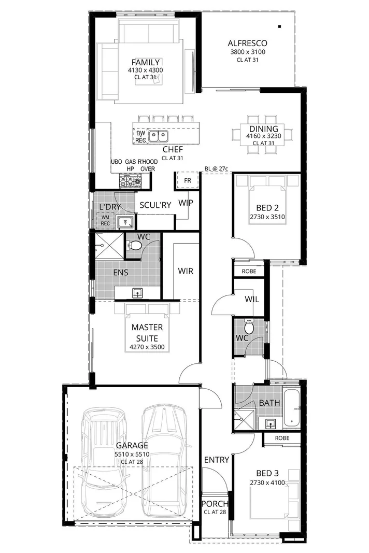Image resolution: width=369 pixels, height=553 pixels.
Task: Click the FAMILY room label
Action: pos(145,63)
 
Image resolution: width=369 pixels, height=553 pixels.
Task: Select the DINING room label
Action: pos(263,129)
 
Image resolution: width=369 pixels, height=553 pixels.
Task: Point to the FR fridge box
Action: pos(188,180)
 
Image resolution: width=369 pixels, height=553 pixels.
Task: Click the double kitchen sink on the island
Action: pos(158,136)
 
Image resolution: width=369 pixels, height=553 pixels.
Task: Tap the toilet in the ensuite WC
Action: pos(135,245)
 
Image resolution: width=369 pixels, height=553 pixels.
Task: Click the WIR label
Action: pos(186,271)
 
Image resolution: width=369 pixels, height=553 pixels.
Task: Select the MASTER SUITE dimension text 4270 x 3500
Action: pos(147,347)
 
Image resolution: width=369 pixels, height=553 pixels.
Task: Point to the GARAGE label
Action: pos(132,445)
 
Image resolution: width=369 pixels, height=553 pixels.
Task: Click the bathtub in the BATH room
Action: pos(293,407)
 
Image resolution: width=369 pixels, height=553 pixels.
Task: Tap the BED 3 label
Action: pos(267,473)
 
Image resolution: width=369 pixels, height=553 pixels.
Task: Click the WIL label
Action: pos(251,300)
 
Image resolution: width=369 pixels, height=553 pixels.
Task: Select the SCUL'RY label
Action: pos(155,205)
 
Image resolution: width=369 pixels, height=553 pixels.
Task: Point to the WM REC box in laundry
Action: pos(105,220)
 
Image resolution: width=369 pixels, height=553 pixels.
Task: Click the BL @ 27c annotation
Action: pos(216,169)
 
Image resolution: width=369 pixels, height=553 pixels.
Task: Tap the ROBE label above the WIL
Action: pos(249,271)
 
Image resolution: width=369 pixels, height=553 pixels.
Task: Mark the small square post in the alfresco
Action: pos(279,26)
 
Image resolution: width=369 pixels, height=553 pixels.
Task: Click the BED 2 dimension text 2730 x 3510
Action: pos(267,217)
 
